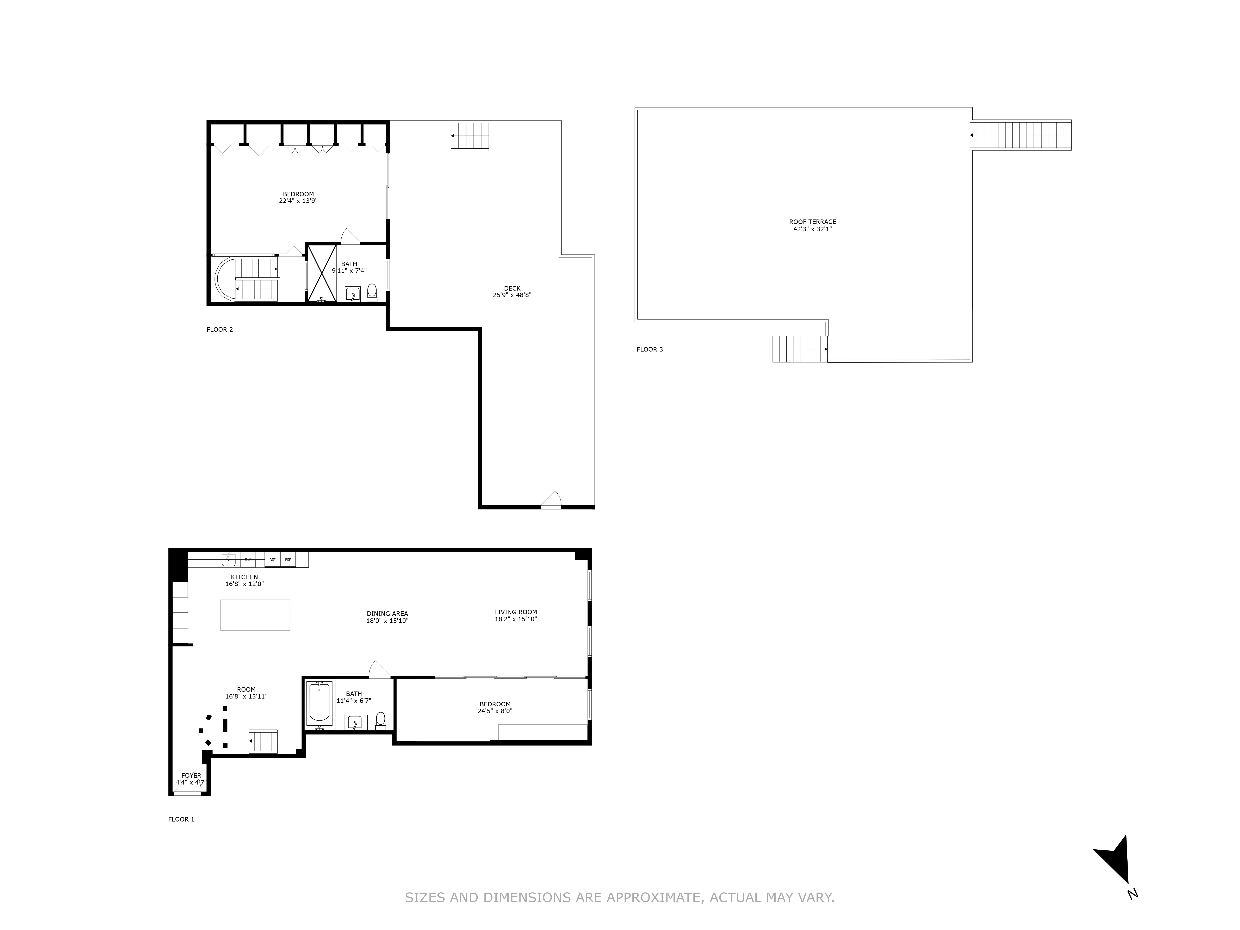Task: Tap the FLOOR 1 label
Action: (x=181, y=819)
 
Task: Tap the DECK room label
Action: (x=512, y=288)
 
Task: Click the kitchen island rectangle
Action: (x=255, y=615)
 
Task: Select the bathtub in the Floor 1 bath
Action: (x=319, y=701)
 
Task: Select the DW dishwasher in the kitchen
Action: (x=247, y=559)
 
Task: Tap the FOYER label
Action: (x=191, y=775)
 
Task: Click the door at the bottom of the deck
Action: (x=551, y=501)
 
